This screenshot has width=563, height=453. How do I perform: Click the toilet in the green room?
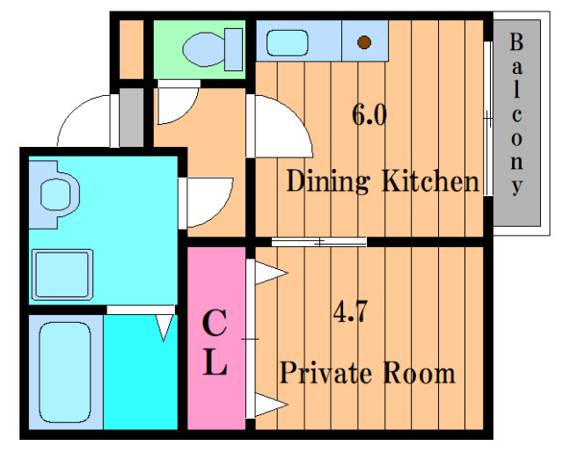click(213, 49)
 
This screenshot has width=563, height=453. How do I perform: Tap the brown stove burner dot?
click(364, 42)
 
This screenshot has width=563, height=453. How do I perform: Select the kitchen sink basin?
click(288, 43)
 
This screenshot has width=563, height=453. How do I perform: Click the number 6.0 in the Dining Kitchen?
click(369, 115)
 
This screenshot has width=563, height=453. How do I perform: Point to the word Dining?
click(327, 181)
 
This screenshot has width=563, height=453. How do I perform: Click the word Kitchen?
click(430, 180)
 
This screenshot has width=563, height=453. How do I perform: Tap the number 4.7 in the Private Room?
click(350, 311)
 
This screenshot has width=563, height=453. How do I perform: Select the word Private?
click(325, 373)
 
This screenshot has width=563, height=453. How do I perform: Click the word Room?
click(419, 373)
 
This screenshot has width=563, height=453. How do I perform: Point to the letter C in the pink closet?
click(215, 323)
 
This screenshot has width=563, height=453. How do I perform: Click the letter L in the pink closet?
click(215, 363)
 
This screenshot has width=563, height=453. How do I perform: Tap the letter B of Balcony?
click(516, 42)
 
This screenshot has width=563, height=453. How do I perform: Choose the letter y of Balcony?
click(516, 186)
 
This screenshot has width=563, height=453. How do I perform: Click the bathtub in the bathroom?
click(65, 372)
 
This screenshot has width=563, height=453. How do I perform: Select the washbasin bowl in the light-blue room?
click(55, 194)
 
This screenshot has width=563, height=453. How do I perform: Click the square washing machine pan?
click(62, 274)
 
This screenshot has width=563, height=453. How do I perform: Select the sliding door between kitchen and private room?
click(318, 242)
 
